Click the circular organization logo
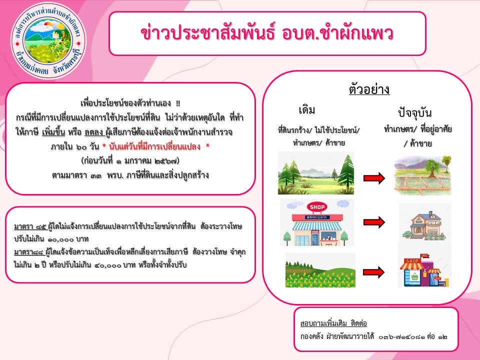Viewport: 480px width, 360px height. [x=48, y=40]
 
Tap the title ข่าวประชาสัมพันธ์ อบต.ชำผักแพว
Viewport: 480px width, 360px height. [x=267, y=33]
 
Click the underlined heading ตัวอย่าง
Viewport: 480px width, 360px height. [x=369, y=89]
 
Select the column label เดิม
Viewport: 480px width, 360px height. [x=306, y=109]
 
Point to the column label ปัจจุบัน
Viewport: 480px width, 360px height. [x=415, y=112]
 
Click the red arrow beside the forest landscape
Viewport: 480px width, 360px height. [x=374, y=178]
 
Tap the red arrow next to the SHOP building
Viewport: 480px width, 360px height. [x=374, y=222]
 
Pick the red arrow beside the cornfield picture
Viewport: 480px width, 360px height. [x=374, y=272]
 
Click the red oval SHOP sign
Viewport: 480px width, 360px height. [x=317, y=207]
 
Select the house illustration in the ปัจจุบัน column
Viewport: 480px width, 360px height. [x=424, y=225]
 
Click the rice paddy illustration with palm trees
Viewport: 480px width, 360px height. [x=422, y=175]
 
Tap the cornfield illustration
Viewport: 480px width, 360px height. [x=320, y=270]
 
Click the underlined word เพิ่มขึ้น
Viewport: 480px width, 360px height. [x=53, y=132]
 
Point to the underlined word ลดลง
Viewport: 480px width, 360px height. [x=94, y=132]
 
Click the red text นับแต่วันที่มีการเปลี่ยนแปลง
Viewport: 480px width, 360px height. [x=155, y=146]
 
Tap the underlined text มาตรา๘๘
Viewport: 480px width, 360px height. [x=29, y=252]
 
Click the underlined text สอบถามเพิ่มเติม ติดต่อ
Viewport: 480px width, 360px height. [x=333, y=323]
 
